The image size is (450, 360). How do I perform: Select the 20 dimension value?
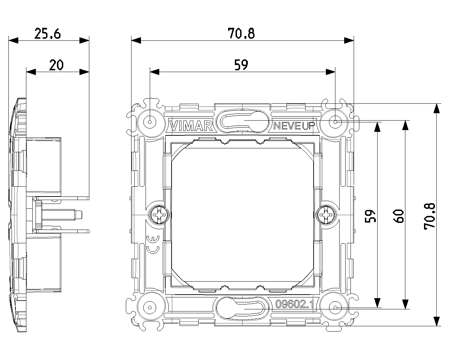click(56, 65)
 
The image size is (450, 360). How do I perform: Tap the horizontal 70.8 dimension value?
click(241, 33)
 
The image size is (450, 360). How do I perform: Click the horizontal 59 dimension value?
click(241, 65)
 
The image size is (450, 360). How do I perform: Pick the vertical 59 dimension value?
click(371, 216)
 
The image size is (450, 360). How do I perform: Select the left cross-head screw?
click(159, 214)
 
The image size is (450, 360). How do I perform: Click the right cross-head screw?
click(326, 214)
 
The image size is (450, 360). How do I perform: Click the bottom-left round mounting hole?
click(150, 307)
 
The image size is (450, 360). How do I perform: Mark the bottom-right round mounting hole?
click(335, 307)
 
